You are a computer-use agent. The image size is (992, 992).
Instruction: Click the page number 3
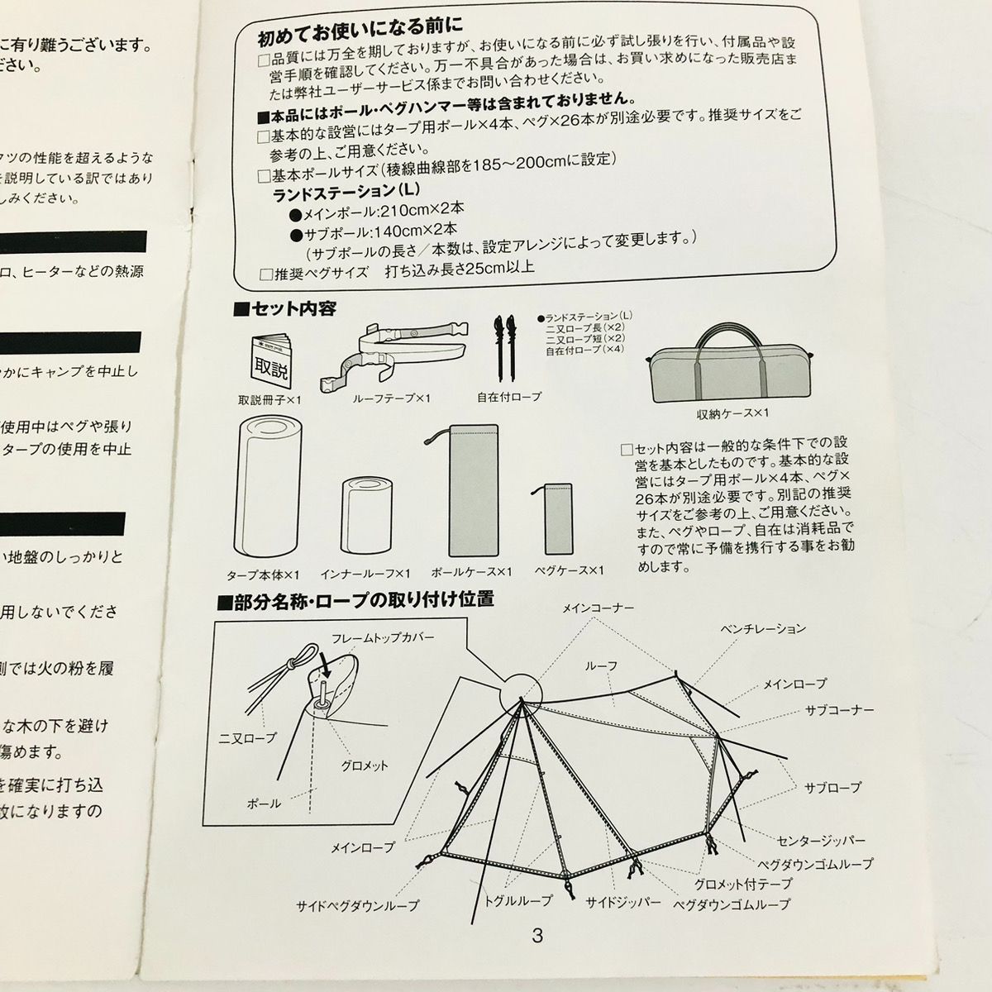tap(537, 937)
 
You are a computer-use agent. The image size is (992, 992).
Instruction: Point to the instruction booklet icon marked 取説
tap(270, 360)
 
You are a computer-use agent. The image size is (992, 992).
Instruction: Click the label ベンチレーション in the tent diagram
tap(761, 628)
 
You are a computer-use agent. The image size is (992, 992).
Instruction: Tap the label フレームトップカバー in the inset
tap(382, 639)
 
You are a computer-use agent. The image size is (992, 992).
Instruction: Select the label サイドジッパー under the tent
tap(623, 902)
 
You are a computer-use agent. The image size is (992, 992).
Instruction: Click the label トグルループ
tap(530, 902)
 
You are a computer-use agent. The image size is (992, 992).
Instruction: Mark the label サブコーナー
tap(839, 710)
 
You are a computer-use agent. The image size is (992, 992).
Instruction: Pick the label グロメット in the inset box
tap(365, 766)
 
